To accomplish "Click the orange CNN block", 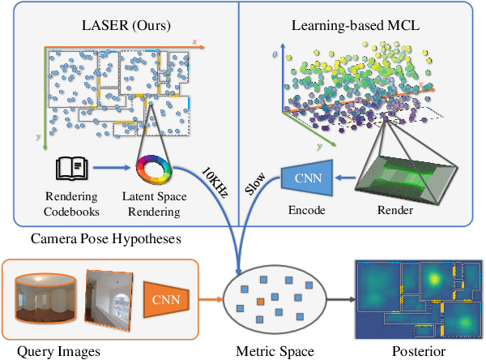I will click(165, 302).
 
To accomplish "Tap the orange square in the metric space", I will click(261, 302).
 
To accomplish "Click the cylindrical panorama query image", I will click(44, 300).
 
